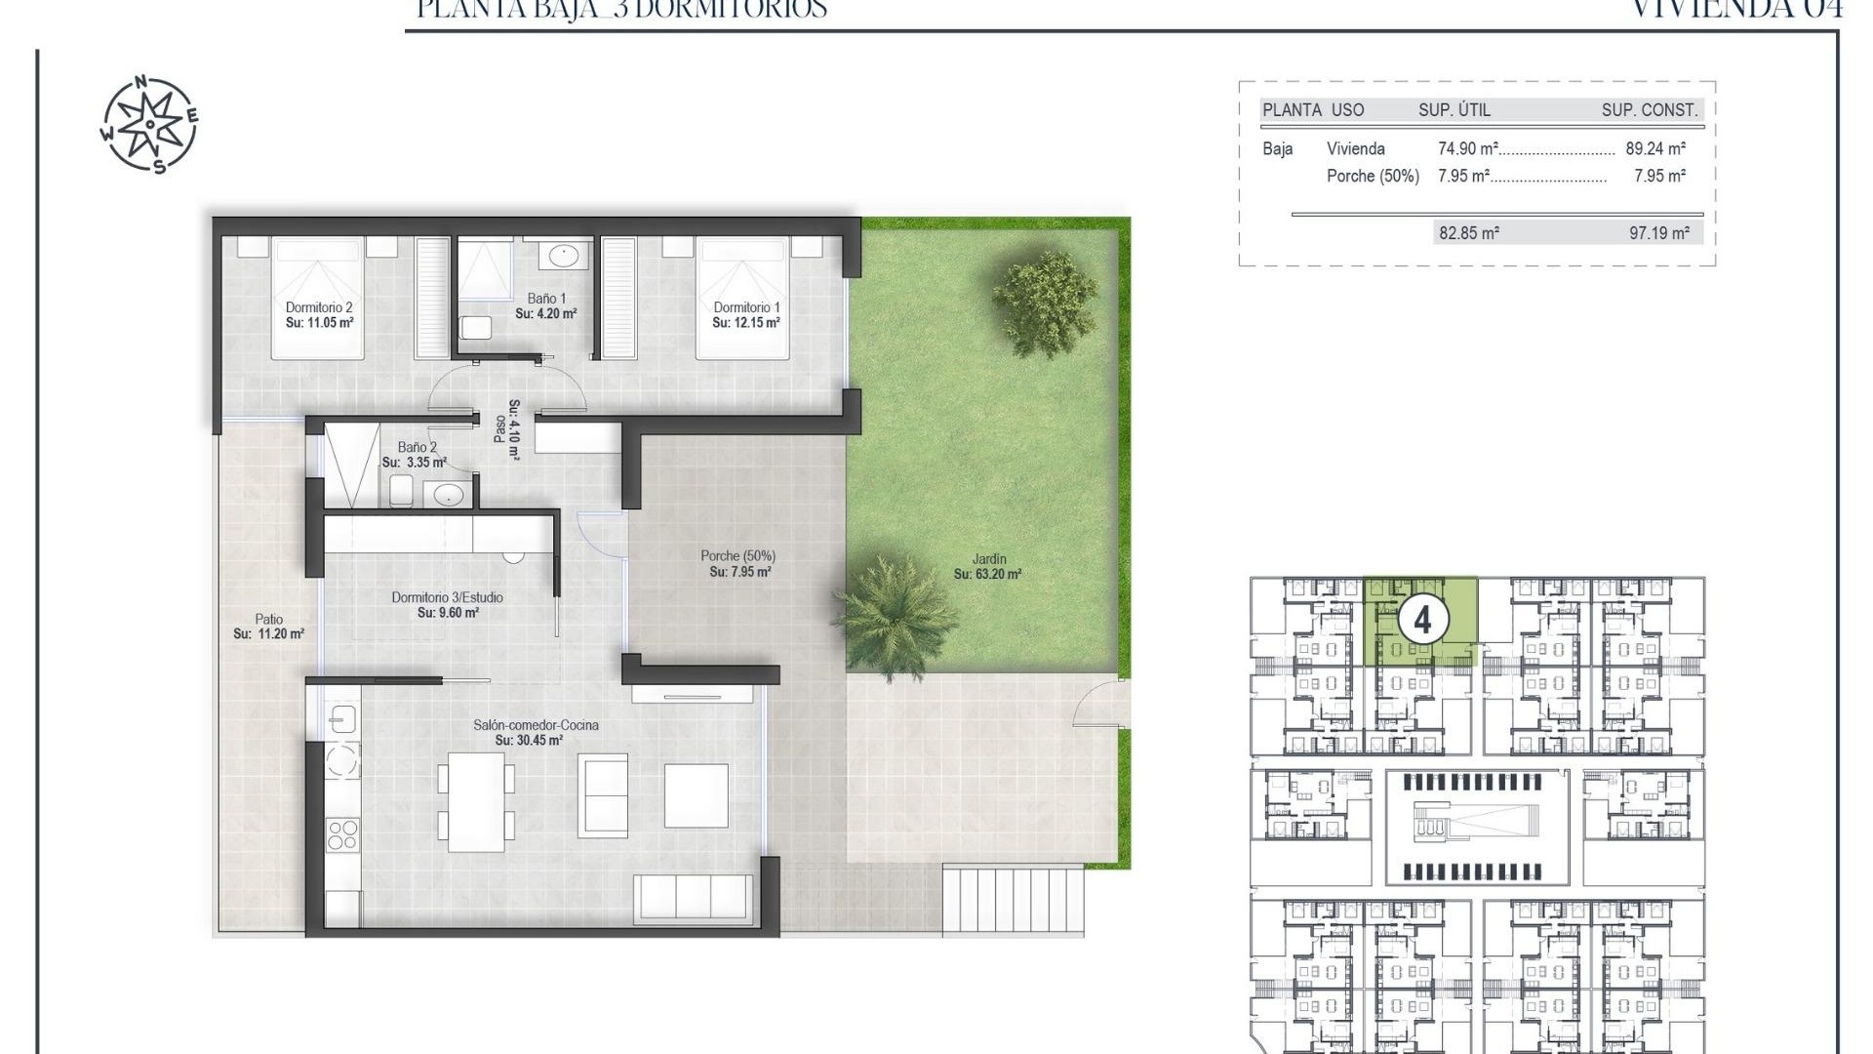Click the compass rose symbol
(x=149, y=126)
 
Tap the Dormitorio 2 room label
(x=319, y=307)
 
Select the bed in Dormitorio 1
(x=742, y=297)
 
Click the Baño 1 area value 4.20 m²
(x=546, y=314)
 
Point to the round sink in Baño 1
(x=564, y=257)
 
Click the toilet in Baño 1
(x=476, y=327)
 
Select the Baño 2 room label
(x=418, y=447)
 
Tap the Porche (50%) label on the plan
(x=737, y=556)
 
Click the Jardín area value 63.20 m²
(x=987, y=575)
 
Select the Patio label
(x=269, y=619)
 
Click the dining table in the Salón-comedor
(x=476, y=801)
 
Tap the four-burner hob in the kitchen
(x=342, y=834)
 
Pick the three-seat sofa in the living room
(x=692, y=897)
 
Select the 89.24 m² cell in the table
(x=1654, y=149)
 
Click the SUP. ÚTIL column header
(x=1454, y=110)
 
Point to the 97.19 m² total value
(x=1659, y=233)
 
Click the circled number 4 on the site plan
(x=1422, y=621)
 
